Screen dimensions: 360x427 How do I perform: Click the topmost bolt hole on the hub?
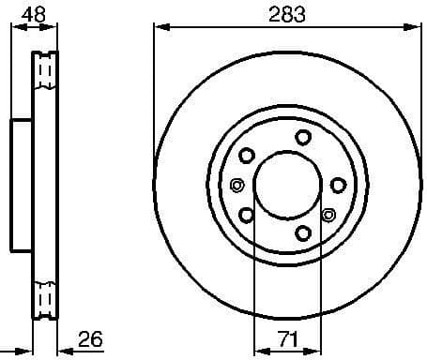click(302, 137)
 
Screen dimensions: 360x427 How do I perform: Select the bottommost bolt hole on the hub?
click(302, 232)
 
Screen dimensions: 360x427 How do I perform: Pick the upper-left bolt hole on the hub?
click(247, 155)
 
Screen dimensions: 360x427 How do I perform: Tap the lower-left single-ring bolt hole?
click(247, 215)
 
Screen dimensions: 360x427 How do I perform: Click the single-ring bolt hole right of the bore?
click(338, 185)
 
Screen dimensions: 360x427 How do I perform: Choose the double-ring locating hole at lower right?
click(328, 215)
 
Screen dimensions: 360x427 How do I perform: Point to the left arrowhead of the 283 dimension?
click(160, 28)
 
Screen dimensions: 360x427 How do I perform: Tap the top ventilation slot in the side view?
click(44, 70)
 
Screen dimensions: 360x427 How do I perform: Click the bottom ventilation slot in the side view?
click(44, 299)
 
